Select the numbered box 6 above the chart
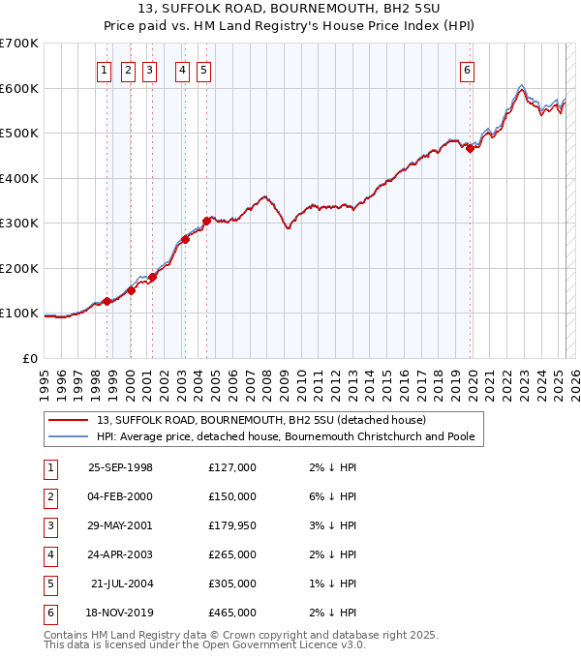tap(467, 70)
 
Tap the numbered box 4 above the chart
tap(182, 70)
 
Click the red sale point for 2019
tap(470, 148)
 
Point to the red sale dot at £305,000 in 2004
tap(206, 221)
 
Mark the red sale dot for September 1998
tap(107, 301)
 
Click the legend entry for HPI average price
tap(285, 436)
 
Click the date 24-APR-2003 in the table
tap(120, 555)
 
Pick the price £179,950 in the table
tap(232, 525)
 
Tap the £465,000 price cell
tap(232, 613)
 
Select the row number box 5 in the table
tap(47, 584)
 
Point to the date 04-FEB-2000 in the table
tap(120, 496)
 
